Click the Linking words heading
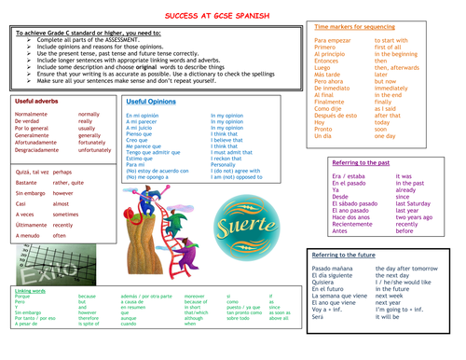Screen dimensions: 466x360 click(31, 290)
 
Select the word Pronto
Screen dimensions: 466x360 click(324, 129)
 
